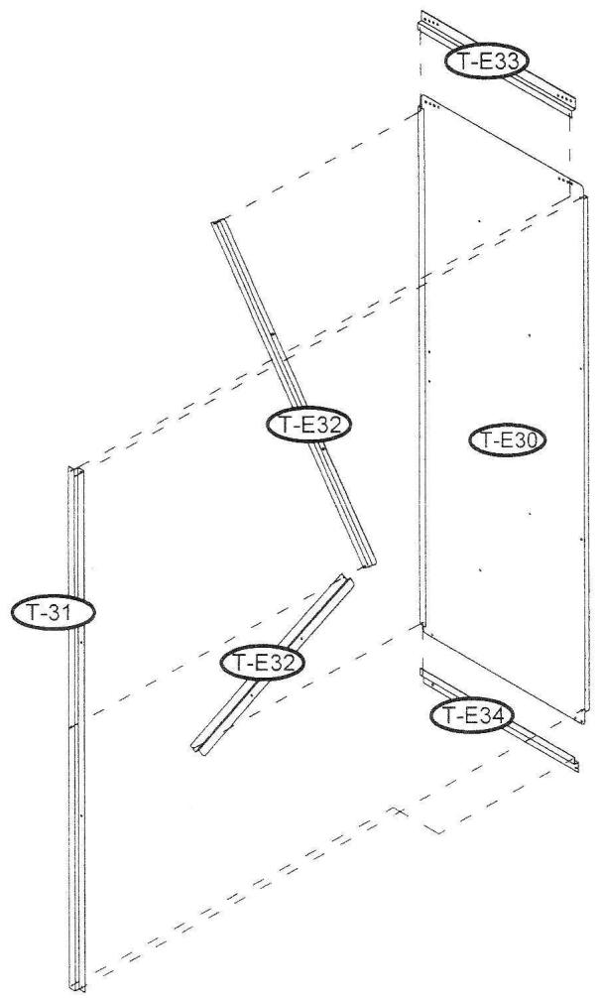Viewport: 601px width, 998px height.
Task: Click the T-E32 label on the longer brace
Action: (309, 424)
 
